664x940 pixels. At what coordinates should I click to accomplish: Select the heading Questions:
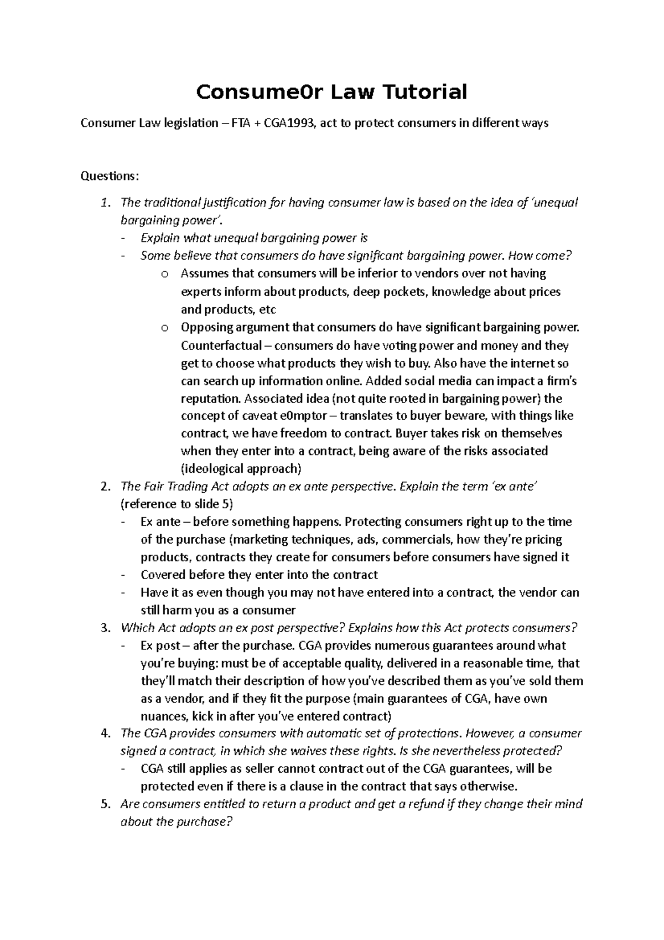[110, 176]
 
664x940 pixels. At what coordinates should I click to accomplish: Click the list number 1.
[106, 203]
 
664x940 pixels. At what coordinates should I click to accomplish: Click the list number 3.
[106, 628]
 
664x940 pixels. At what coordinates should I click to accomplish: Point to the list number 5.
[106, 804]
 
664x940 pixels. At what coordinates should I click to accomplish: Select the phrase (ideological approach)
[241, 469]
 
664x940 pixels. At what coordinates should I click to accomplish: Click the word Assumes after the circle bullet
[205, 273]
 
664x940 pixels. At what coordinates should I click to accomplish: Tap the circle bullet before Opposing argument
[164, 328]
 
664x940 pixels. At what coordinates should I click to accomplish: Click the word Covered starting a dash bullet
[163, 575]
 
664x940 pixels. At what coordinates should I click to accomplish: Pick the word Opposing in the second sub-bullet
[207, 327]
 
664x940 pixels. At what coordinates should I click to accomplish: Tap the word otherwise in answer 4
[487, 787]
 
